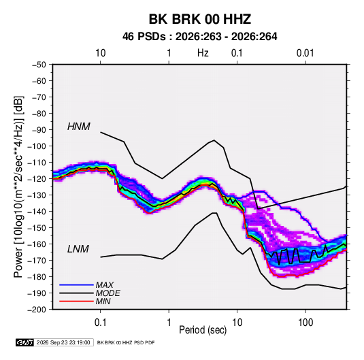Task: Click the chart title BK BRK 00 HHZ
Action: tap(199, 19)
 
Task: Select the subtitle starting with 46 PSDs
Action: tap(199, 37)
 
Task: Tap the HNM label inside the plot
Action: tap(79, 127)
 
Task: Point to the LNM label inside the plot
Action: tap(78, 249)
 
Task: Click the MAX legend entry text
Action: tap(105, 285)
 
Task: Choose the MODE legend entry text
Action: tap(107, 293)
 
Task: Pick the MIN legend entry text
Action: tap(103, 301)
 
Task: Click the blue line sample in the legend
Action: tap(76, 285)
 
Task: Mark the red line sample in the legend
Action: tap(76, 301)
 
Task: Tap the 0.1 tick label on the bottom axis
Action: tap(100, 323)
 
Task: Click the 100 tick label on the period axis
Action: tap(305, 323)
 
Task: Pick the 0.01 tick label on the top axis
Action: tap(305, 53)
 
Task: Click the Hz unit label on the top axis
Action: tap(203, 53)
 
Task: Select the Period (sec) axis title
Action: tap(203, 330)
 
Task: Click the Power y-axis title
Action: tap(18, 186)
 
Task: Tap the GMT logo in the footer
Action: tap(25, 342)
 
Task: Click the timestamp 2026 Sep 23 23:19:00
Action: tap(63, 342)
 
